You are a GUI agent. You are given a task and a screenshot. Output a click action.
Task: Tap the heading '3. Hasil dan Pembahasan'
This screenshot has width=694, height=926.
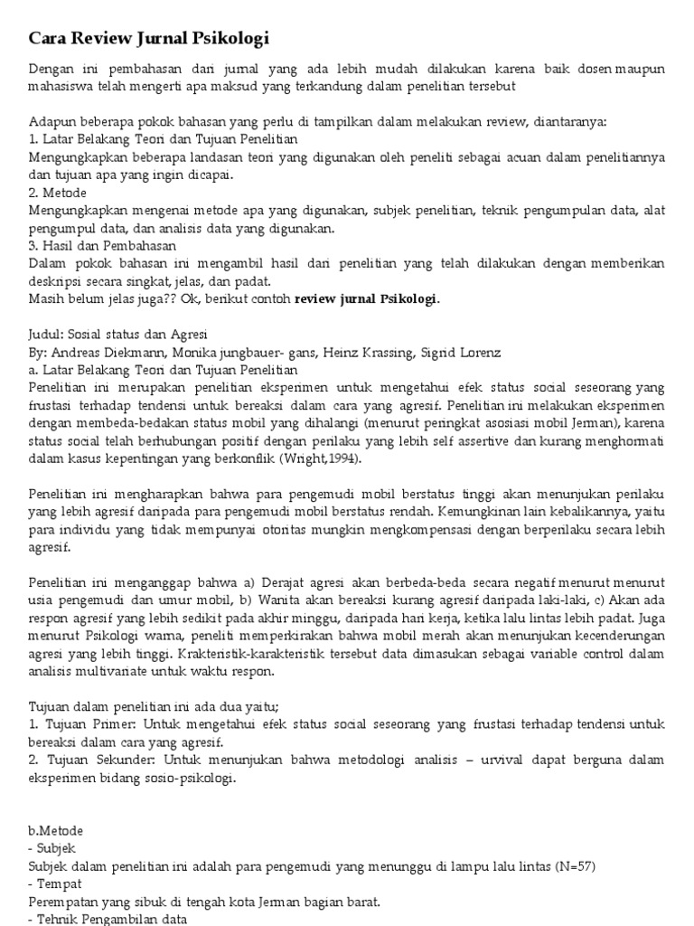coord(102,245)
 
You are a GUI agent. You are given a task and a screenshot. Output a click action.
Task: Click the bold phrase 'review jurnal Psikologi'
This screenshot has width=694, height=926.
coord(366,298)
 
